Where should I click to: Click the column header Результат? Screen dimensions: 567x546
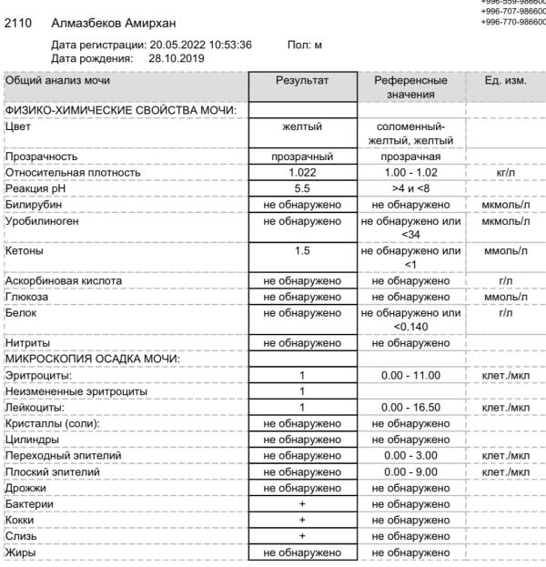point(305,81)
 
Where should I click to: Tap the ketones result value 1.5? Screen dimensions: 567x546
point(305,248)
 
